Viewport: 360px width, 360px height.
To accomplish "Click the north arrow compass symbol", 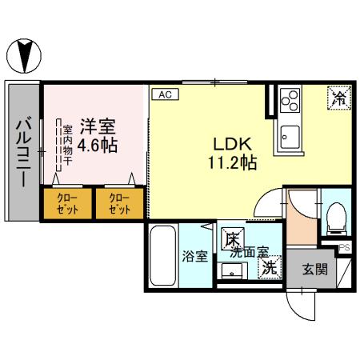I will [x=24, y=55].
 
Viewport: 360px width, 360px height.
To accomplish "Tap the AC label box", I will [x=166, y=94].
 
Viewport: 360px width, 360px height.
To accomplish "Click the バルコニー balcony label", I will [x=23, y=151].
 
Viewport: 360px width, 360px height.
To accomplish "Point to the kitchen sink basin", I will [x=288, y=135].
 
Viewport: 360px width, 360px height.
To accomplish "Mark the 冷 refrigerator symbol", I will [x=338, y=98].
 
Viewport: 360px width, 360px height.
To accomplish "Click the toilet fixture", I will [x=337, y=214].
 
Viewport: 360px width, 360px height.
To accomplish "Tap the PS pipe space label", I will [x=345, y=248].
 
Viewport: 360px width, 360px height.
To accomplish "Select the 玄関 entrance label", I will [x=314, y=270].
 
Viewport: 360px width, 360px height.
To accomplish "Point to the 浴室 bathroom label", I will [x=194, y=258].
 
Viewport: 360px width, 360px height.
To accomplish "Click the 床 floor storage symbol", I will [x=232, y=238].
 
